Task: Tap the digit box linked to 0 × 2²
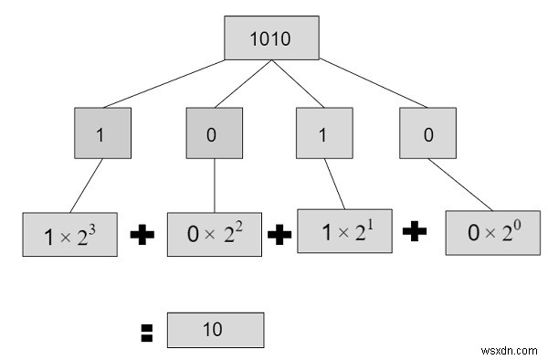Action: click(x=213, y=133)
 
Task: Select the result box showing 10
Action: click(x=216, y=330)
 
